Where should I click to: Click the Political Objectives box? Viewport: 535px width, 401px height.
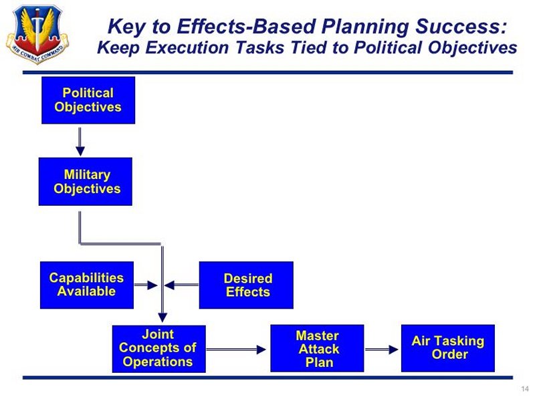coord(88,100)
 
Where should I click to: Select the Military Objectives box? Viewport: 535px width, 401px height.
coord(86,181)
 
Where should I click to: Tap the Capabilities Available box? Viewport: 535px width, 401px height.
coord(87,285)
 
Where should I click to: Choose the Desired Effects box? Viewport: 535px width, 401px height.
coord(246,285)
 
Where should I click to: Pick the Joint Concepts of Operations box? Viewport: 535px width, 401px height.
coord(159,348)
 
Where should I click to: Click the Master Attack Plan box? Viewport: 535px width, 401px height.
coord(317,348)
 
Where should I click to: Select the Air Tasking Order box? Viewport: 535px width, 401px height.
coord(448,348)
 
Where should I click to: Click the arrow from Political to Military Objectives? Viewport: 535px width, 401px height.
coord(80,142)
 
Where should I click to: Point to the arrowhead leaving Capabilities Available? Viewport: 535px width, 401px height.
coord(152,285)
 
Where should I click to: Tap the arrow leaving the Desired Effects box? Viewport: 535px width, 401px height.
coord(181,285)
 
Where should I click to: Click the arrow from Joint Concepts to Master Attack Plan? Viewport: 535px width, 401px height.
coord(236,349)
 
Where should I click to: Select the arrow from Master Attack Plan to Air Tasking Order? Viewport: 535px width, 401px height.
coord(381,349)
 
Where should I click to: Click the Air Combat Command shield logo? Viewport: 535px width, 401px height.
coord(37,34)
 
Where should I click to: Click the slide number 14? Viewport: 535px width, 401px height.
coord(525,389)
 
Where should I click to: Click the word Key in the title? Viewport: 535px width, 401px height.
coord(127,27)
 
